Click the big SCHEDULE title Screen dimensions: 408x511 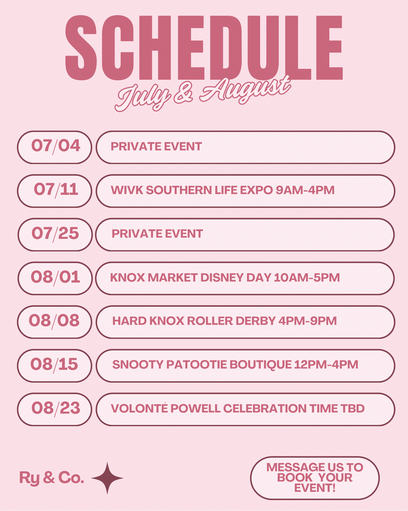click(x=204, y=48)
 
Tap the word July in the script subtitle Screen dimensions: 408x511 click(x=143, y=97)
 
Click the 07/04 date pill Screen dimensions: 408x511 click(x=55, y=147)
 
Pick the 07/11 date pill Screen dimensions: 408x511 click(x=55, y=191)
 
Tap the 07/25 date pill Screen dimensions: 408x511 click(x=55, y=235)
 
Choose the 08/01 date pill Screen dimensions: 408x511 click(x=55, y=278)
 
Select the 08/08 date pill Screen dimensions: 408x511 click(x=55, y=322)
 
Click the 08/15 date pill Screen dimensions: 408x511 click(x=55, y=366)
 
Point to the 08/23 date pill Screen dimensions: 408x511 click(x=55, y=409)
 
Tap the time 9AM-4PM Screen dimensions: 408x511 click(x=305, y=190)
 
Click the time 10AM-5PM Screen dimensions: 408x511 click(x=307, y=278)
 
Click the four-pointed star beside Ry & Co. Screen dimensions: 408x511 click(x=107, y=478)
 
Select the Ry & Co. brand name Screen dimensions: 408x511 click(x=52, y=478)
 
